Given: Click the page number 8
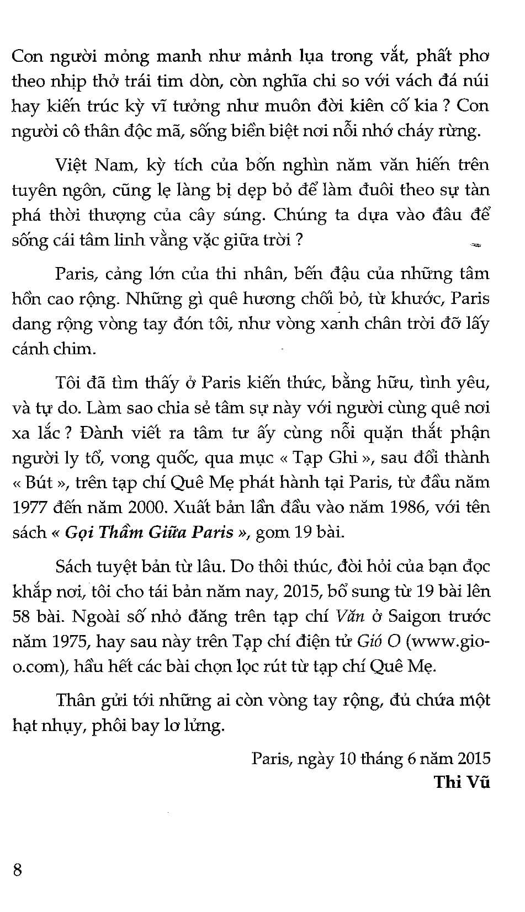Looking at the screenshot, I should tap(17, 870).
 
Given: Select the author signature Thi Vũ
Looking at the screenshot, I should tap(462, 782).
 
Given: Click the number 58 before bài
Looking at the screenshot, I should tap(22, 616).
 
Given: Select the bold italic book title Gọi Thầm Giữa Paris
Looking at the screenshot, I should tap(149, 532).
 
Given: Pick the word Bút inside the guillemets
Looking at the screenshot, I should tap(39, 482).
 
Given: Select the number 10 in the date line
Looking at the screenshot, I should tap(348, 758).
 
